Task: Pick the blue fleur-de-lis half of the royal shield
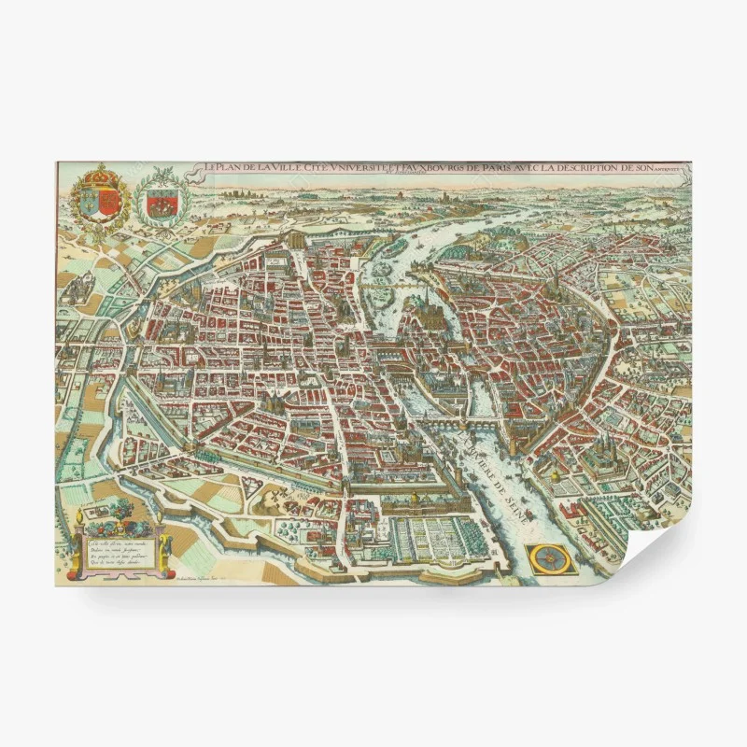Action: (86, 198)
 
